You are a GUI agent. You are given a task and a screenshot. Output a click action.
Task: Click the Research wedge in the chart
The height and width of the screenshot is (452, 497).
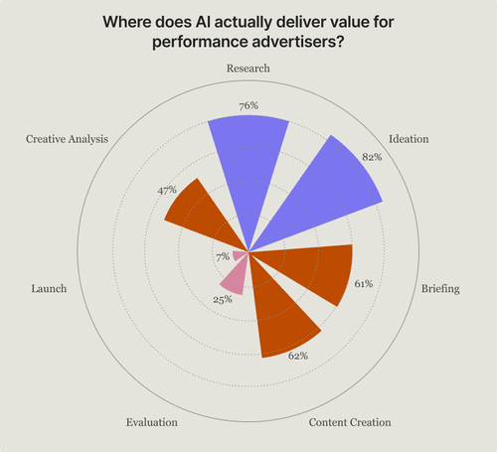point(248,169)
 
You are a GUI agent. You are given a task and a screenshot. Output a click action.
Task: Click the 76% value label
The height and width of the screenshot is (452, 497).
point(248,105)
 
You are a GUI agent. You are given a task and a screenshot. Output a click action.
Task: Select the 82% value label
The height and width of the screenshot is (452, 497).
point(372,158)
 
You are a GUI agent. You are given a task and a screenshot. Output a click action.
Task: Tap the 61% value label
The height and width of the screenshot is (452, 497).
point(363,284)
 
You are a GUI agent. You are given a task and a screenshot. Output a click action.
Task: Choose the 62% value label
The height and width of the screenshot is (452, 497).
point(298,355)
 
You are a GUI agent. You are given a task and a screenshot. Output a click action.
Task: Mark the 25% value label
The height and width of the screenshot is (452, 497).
point(223,299)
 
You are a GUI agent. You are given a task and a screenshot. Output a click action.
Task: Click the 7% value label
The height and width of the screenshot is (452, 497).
point(222,257)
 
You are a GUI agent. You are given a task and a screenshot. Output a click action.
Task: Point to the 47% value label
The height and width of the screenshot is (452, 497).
point(167,189)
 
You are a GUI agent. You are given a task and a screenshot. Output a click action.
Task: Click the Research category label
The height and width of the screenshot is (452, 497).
point(248,69)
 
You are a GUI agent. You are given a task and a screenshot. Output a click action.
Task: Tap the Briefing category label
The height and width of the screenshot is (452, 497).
point(439,288)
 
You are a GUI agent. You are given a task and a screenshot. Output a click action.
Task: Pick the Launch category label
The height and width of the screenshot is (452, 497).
point(49,288)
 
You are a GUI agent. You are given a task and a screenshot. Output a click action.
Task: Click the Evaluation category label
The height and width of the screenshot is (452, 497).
point(152,422)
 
